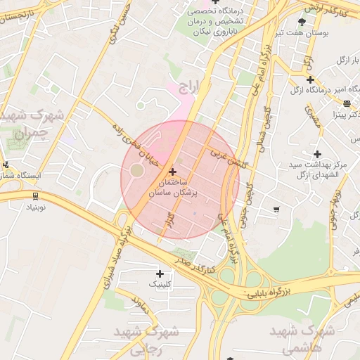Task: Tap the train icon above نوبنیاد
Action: tap(36, 196)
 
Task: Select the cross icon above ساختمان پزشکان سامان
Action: tap(173, 171)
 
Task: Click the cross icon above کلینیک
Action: tap(160, 274)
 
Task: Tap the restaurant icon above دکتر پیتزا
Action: tap(347, 103)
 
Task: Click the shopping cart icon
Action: tap(276, 209)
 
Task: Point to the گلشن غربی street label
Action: tap(229, 156)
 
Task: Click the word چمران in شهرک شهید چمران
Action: tap(32, 131)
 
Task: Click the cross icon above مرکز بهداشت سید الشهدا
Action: tap(317, 153)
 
